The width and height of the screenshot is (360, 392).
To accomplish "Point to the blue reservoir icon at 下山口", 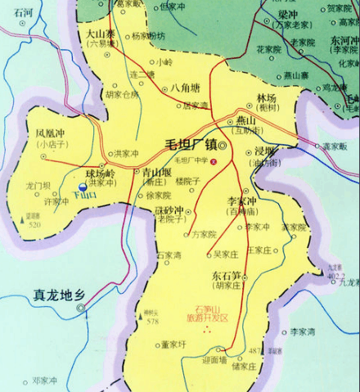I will (x=82, y=186).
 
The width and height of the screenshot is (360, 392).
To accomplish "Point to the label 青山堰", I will (x=155, y=173).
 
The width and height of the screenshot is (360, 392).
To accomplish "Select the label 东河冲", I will (x=344, y=40).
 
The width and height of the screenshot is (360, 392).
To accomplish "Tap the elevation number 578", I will (x=152, y=322).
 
